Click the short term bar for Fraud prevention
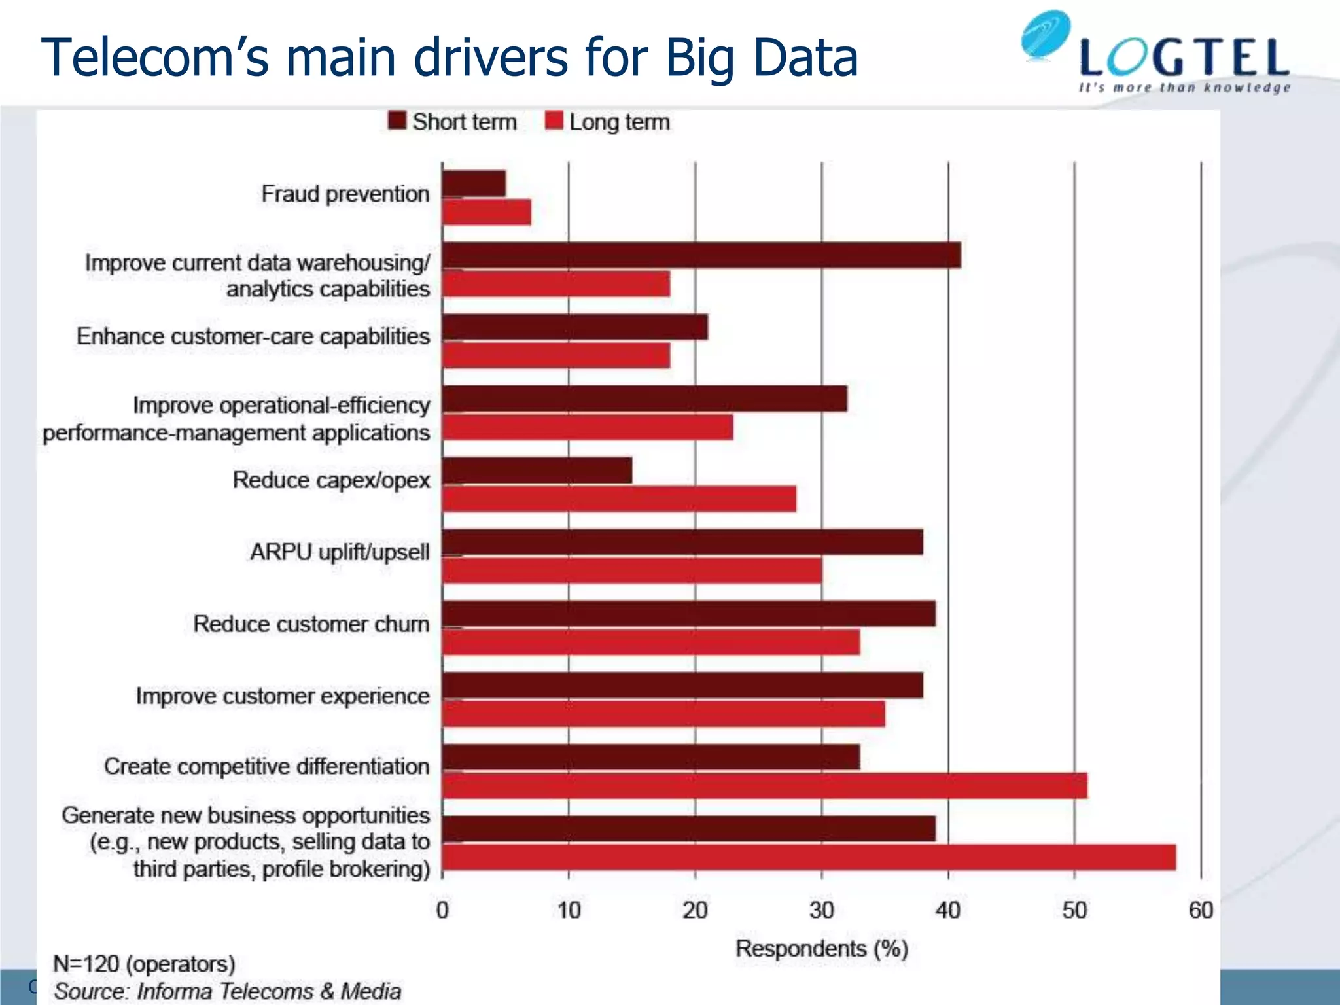474,184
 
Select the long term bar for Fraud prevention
486,213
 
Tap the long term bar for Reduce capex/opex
619,499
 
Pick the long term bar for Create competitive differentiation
764,786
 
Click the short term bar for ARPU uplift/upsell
682,542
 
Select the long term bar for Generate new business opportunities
809,858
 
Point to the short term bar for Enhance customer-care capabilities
574,327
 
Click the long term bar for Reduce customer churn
651,643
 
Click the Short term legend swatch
397,121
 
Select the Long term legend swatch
554,121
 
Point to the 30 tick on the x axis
822,910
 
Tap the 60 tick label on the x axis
1201,910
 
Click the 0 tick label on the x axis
442,910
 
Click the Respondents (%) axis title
822,949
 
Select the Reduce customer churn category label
311,624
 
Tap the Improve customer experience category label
283,696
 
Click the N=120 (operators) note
144,964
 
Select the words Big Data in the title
761,58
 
